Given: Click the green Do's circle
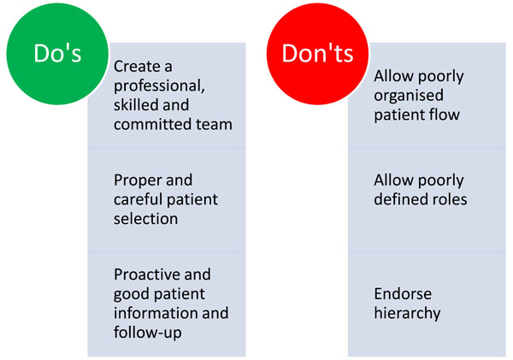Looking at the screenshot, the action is pos(57,54).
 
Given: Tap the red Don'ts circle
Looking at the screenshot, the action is pos(317,54).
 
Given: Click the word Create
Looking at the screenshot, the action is pos(137,67).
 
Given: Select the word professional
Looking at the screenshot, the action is pos(159,86).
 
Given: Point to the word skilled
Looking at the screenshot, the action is pos(135,105).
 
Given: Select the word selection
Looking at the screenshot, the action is pos(145,219).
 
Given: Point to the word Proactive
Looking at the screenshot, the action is pos(147,274).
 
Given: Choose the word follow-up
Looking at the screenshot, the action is pos(148,333).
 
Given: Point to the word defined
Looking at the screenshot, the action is pos(399,199).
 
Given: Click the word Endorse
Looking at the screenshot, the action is pos(403,294).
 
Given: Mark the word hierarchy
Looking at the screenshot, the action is pos(407,314).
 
